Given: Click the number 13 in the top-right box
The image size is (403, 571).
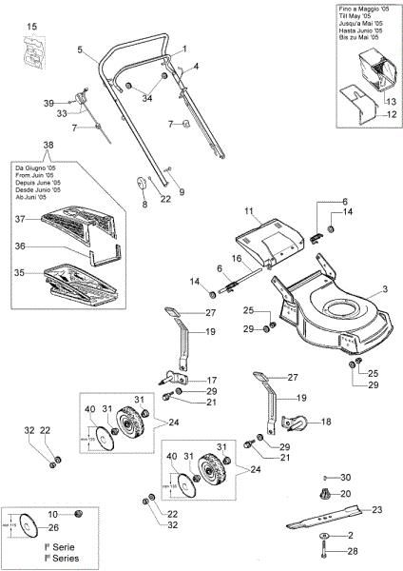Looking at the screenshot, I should point(390,100).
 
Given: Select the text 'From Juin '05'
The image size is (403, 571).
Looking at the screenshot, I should point(35,175).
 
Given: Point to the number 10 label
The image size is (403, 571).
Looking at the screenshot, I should point(53,513).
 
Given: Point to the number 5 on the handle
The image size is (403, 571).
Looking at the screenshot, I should point(81,49).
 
